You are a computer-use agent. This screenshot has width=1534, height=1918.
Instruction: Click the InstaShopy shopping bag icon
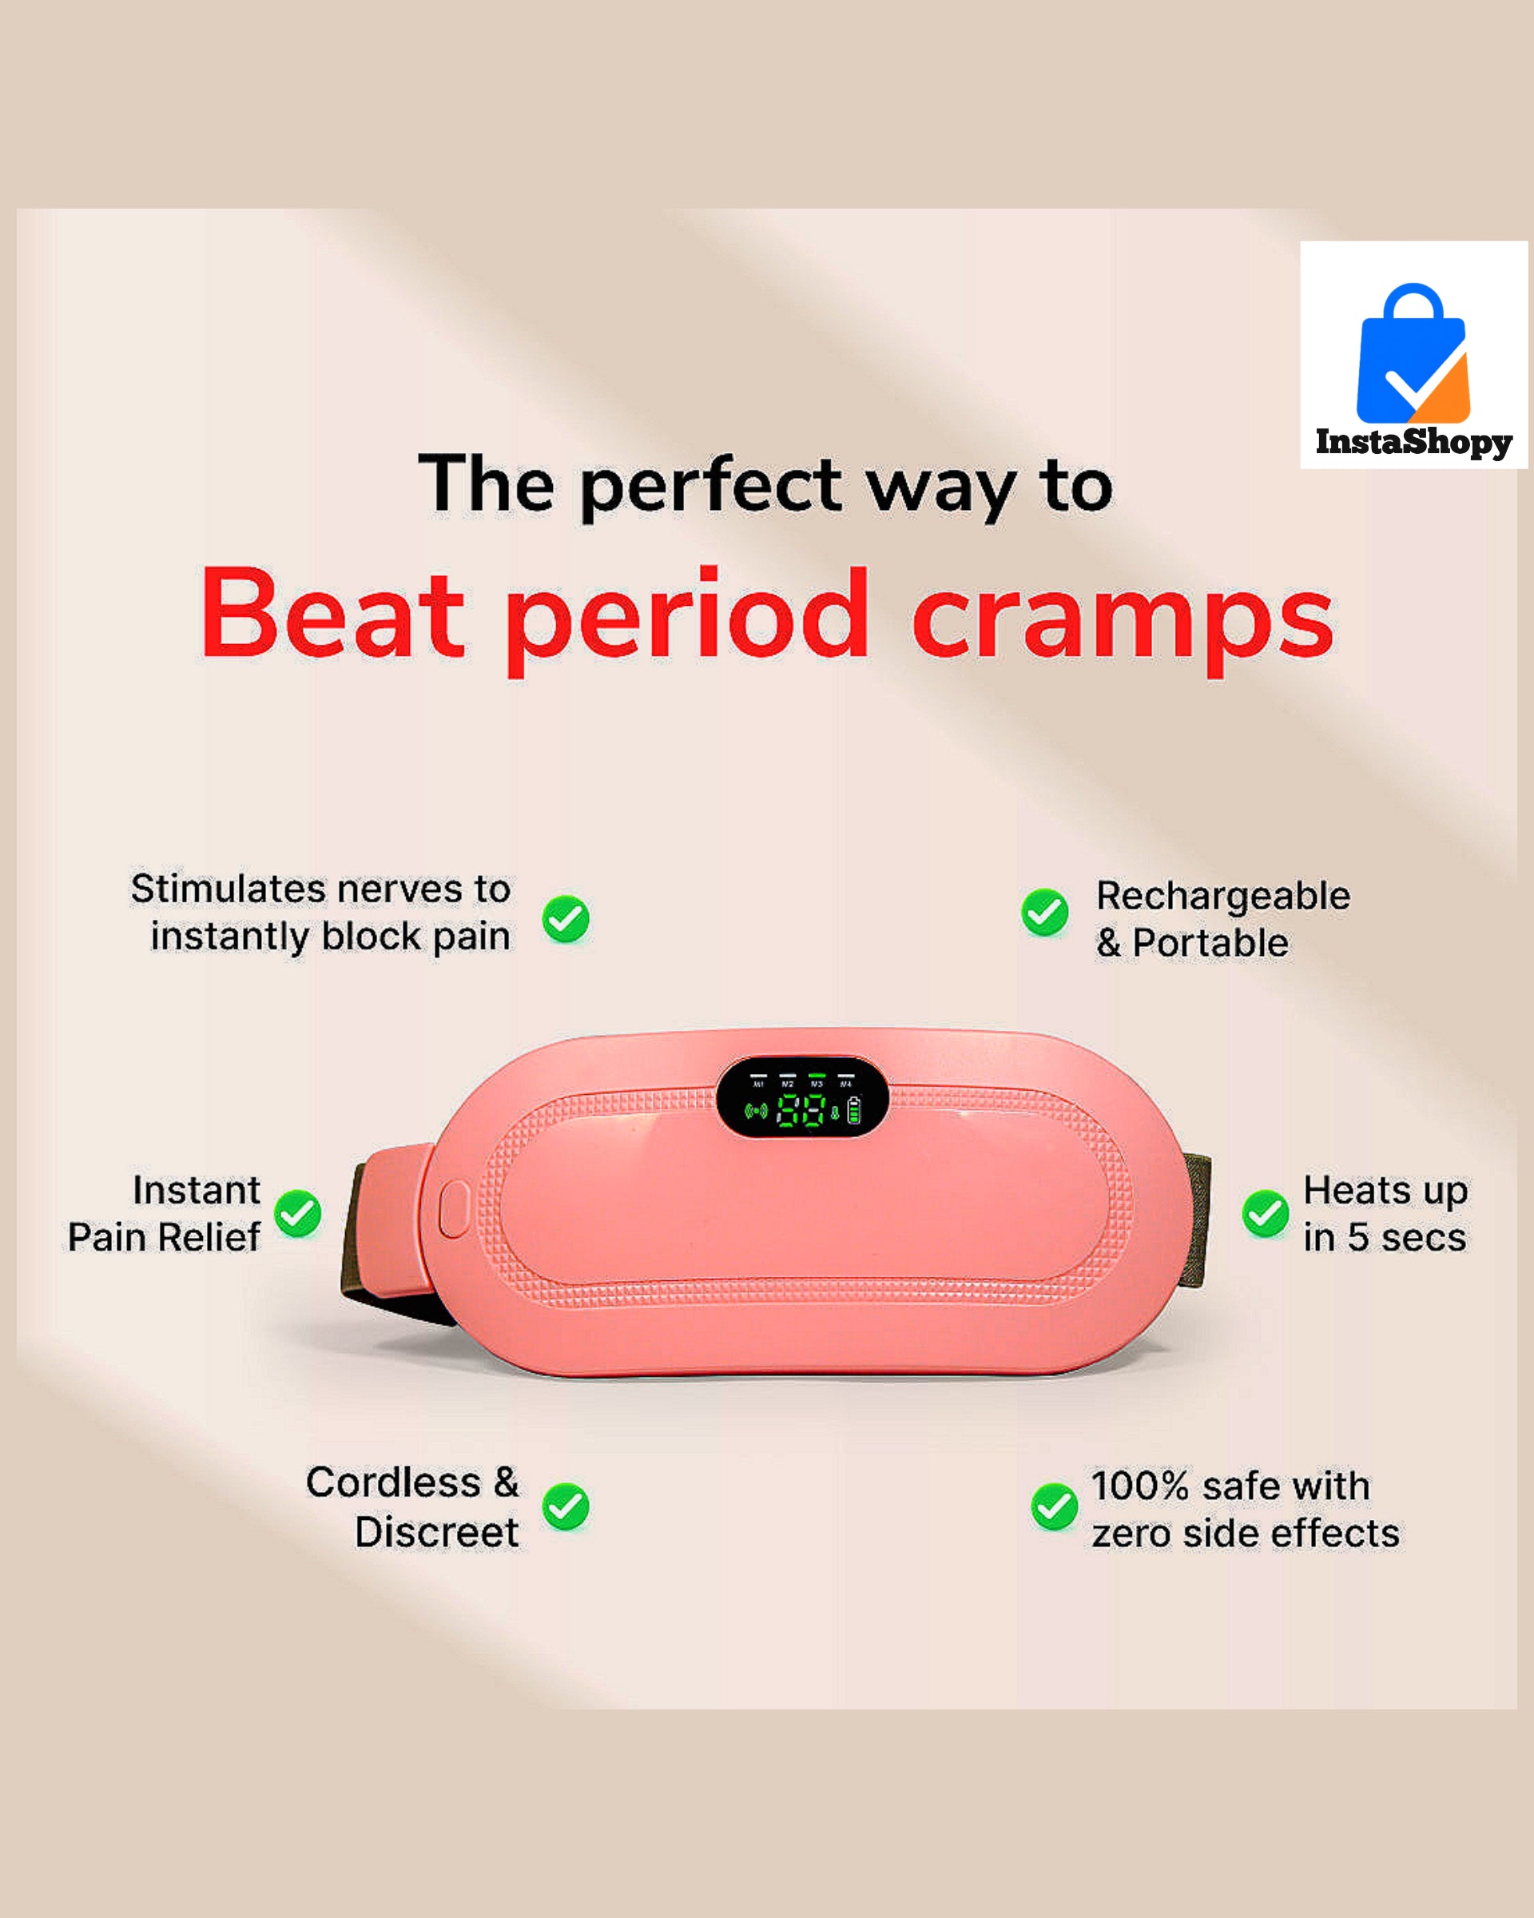(x=1413, y=354)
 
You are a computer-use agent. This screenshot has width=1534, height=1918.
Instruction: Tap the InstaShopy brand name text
(x=1414, y=442)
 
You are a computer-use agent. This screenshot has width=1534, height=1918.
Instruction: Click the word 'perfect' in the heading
(x=710, y=487)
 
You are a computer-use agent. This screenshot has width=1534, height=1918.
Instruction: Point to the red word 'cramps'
(x=1123, y=620)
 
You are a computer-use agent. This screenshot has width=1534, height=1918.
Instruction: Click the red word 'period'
(x=687, y=620)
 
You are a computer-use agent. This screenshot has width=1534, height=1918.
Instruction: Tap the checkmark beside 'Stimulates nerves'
(x=566, y=918)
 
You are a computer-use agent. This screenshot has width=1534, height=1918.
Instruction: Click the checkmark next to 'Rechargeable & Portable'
(x=1045, y=912)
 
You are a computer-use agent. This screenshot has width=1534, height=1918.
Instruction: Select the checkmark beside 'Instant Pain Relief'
(x=297, y=1213)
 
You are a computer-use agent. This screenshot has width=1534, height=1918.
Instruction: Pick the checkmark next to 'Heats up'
(x=1266, y=1213)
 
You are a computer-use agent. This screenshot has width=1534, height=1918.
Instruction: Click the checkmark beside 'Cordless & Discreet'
(x=566, y=1507)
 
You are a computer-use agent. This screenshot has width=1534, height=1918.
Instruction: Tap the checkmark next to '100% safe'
(x=1055, y=1507)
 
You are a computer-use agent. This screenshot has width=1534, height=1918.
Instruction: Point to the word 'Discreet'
(x=437, y=1532)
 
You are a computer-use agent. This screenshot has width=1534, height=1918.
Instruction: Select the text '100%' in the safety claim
(x=1140, y=1486)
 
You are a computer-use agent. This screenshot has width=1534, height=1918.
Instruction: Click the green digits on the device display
(x=801, y=1110)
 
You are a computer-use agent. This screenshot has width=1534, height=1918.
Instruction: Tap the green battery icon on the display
(x=855, y=1110)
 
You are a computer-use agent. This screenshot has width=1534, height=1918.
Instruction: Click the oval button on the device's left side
(x=453, y=1208)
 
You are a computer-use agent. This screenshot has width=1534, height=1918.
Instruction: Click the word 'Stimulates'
(x=228, y=888)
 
